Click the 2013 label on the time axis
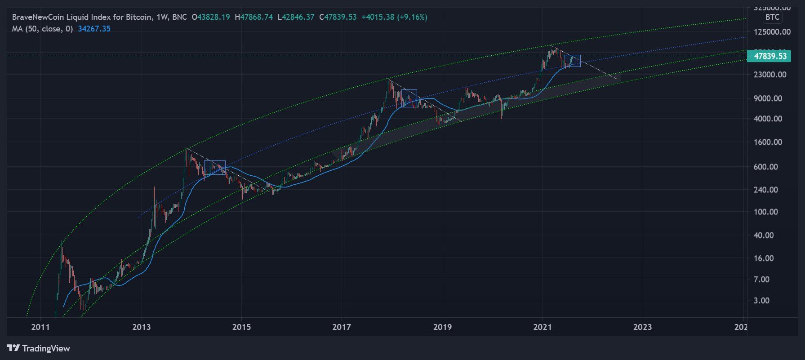142,327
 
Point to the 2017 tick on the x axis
342,327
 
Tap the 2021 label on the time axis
542,327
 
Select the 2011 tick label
41,327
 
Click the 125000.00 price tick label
773,31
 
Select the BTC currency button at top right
773,17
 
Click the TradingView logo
39,348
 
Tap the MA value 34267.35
94,29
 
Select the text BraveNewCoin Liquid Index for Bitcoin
81,17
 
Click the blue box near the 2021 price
572,61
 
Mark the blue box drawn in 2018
409,98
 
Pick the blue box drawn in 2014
214,168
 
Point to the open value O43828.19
211,17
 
